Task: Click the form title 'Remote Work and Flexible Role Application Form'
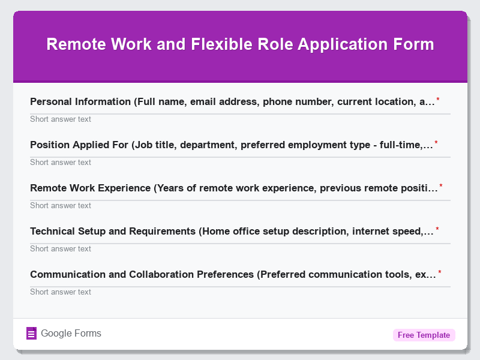coord(240,44)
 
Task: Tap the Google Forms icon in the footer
coord(32,334)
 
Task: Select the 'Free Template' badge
coord(424,335)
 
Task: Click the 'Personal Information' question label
coord(232,101)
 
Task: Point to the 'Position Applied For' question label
coord(231,145)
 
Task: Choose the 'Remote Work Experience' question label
coord(233,188)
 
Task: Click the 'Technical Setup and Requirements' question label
coord(232,231)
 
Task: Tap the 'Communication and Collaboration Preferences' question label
coord(233,274)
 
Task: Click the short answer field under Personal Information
coord(240,119)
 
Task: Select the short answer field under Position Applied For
coord(240,162)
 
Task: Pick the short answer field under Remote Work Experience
coord(240,205)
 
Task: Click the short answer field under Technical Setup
coord(240,248)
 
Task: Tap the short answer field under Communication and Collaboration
coord(240,292)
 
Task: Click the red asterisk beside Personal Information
coord(438,100)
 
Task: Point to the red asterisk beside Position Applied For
coord(436,143)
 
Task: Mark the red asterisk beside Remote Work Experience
coord(441,186)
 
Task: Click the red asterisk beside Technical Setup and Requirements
coord(437,229)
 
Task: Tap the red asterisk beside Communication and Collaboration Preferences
coord(440,272)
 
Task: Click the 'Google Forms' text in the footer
coord(71,334)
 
